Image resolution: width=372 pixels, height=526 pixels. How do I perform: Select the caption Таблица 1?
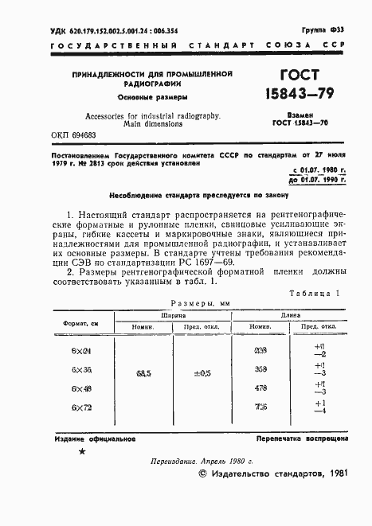click(x=316, y=293)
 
